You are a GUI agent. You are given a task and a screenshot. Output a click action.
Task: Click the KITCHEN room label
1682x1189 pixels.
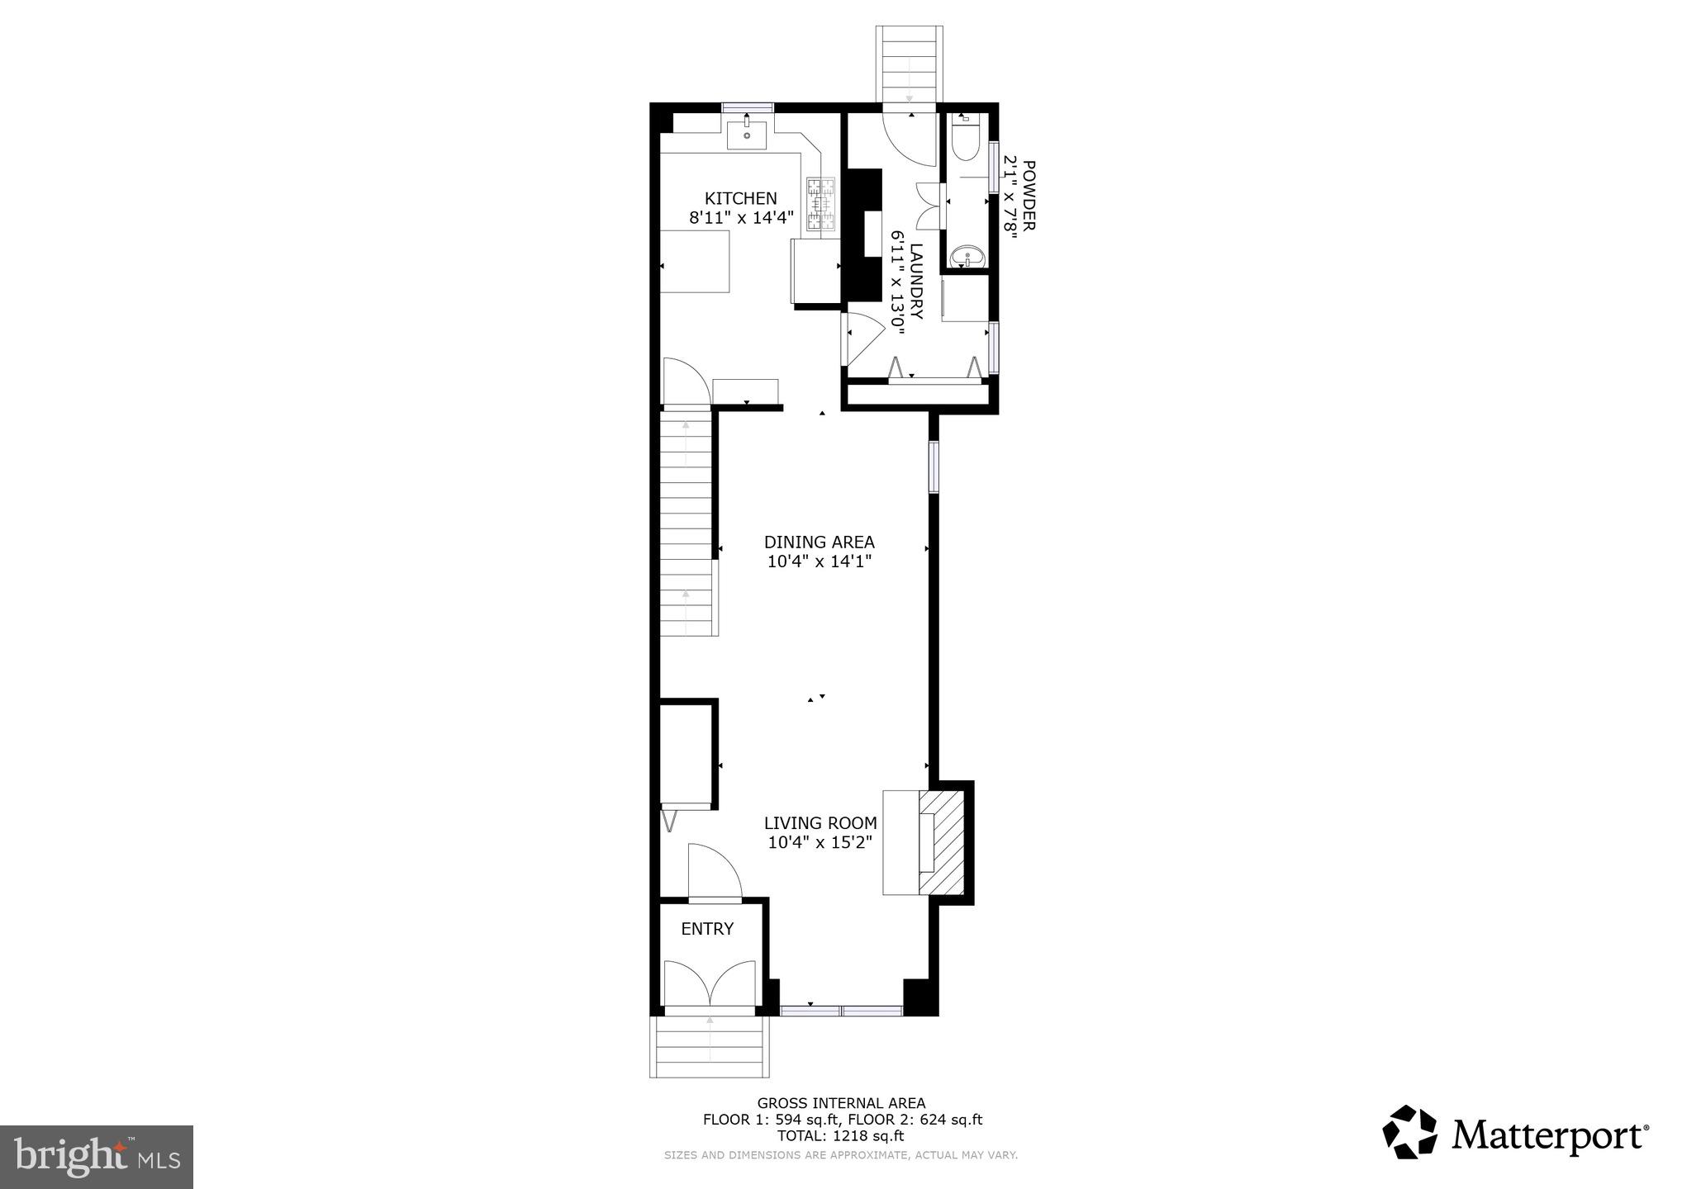point(740,198)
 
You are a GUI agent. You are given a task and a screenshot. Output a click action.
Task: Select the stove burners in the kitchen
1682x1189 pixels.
point(821,204)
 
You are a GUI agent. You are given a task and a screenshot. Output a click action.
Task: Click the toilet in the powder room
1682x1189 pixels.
point(963,140)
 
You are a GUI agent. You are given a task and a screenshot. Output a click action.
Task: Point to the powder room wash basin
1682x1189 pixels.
point(966,258)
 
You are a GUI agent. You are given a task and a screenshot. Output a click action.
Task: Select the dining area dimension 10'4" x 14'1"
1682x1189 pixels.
point(820,561)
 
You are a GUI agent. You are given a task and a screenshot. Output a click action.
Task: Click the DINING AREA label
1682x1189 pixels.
point(819,542)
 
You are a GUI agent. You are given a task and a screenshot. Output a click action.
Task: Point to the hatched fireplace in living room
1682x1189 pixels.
point(942,842)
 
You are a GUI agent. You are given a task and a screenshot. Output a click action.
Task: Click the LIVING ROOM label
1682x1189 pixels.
point(820,823)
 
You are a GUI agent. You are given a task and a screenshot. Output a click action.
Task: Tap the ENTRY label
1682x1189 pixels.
point(707,929)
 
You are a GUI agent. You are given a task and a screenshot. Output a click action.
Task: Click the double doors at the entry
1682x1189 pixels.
point(710,983)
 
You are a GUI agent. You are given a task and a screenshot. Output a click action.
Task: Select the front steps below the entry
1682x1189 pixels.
point(710,1047)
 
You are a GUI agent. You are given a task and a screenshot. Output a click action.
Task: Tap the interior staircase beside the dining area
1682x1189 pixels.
point(687,524)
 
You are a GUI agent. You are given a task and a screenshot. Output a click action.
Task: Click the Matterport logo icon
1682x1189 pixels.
point(1411,1133)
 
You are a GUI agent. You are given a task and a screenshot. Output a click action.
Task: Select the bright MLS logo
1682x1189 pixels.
point(97,1157)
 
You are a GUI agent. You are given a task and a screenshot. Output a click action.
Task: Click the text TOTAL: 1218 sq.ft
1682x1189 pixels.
point(841,1136)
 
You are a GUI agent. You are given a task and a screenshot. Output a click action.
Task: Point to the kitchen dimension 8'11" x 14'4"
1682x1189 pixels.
point(741,218)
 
